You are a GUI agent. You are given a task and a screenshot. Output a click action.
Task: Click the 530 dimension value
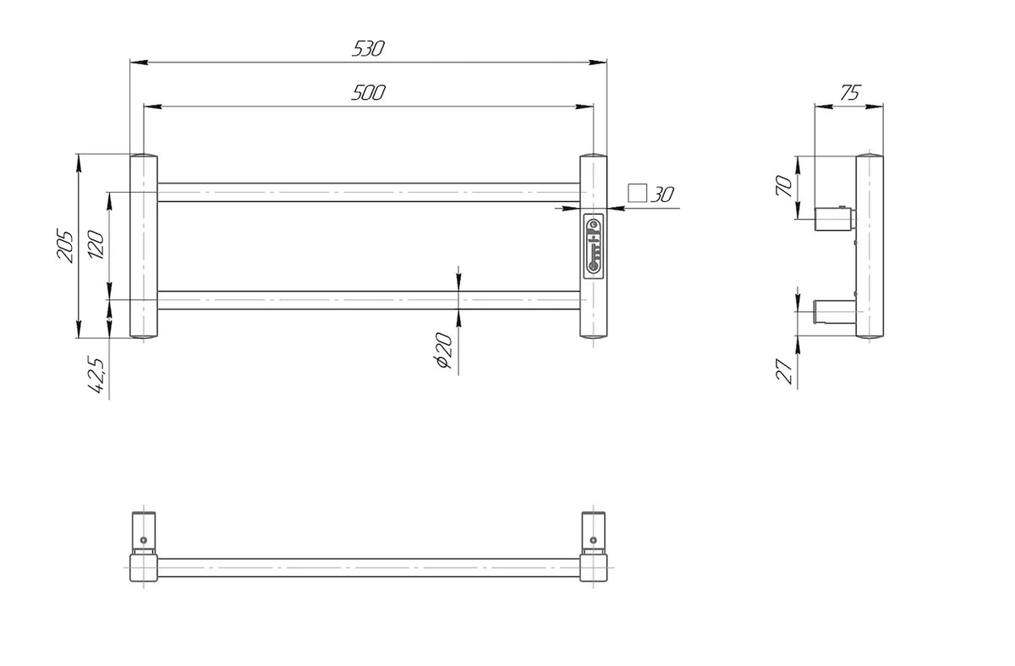[368, 49]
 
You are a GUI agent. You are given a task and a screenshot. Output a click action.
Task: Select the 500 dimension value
[368, 93]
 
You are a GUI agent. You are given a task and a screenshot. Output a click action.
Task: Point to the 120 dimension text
[96, 246]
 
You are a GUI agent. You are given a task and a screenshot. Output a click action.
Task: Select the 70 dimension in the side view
[784, 187]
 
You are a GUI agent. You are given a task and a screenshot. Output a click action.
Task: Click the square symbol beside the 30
[637, 194]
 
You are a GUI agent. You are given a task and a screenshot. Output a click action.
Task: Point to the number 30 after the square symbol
[662, 194]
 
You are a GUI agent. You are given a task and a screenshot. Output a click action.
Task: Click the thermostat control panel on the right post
[594, 245]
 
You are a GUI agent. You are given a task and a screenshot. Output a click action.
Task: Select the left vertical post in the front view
[143, 246]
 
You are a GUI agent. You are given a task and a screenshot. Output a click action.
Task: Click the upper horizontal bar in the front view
[368, 192]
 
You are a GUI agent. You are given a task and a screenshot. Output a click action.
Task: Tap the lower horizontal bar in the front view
[368, 300]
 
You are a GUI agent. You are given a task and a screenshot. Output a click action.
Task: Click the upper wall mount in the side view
[833, 219]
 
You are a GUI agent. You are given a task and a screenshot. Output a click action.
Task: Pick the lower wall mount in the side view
[833, 312]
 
